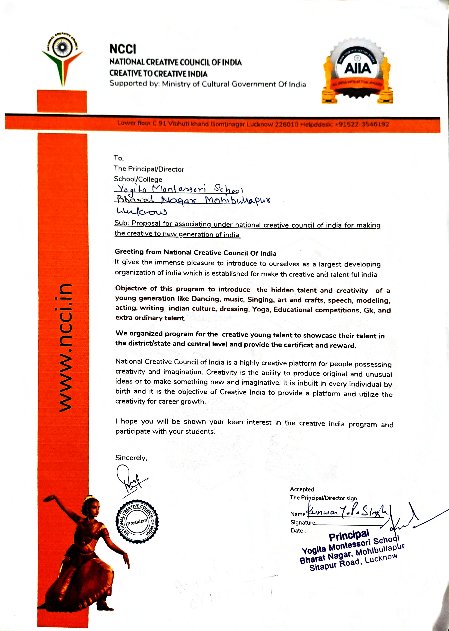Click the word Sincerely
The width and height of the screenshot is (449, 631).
click(131, 458)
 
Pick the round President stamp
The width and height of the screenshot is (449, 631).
click(137, 522)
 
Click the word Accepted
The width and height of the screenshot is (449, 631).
click(302, 489)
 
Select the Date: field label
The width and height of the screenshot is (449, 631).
click(298, 531)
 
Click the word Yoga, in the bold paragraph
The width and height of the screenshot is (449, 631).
click(261, 309)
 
